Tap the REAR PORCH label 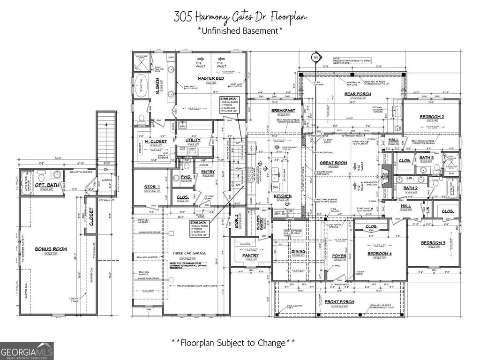[358, 94]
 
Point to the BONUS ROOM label [51, 249]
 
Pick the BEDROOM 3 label [433, 242]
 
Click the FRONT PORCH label [339, 301]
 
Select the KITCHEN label [283, 196]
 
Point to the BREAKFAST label [283, 111]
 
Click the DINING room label [299, 252]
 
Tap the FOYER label [339, 256]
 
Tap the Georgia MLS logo [27, 351]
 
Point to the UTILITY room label [193, 140]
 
